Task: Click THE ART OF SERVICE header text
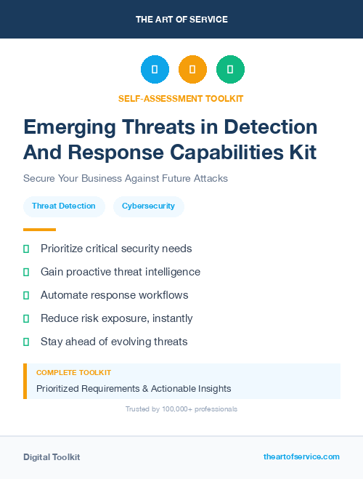pyautogui.click(x=181, y=20)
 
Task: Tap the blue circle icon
pyautogui.click(x=155, y=70)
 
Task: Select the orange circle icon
pyautogui.click(x=192, y=70)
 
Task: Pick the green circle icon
pyautogui.click(x=230, y=70)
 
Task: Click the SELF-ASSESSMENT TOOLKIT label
pyautogui.click(x=181, y=98)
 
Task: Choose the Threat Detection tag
pyautogui.click(x=64, y=206)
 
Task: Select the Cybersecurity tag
pyautogui.click(x=148, y=206)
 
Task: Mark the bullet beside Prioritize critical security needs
pyautogui.click(x=26, y=249)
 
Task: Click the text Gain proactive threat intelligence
pyautogui.click(x=120, y=272)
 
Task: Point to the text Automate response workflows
pyautogui.click(x=114, y=295)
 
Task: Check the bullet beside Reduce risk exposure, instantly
pyautogui.click(x=26, y=318)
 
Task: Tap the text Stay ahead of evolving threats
pyautogui.click(x=114, y=342)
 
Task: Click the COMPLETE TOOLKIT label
pyautogui.click(x=73, y=373)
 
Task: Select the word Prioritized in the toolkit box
pyautogui.click(x=62, y=389)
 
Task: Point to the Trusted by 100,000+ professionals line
pyautogui.click(x=181, y=409)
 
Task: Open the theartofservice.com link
pyautogui.click(x=301, y=456)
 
